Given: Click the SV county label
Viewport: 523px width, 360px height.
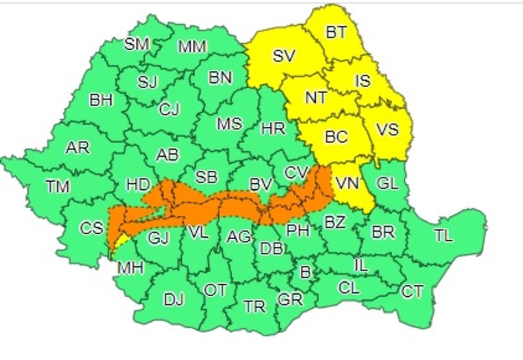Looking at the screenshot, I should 284,56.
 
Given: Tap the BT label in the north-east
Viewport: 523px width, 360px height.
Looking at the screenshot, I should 336,32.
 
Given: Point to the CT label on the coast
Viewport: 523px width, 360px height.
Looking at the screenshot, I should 412,291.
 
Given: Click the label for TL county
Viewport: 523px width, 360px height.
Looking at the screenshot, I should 444,237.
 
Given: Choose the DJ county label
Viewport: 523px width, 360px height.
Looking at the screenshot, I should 174,300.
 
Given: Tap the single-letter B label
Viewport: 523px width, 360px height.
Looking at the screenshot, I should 305,271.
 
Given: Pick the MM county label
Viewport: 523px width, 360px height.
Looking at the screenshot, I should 192,47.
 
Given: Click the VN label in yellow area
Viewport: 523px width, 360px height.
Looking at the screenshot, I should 347,183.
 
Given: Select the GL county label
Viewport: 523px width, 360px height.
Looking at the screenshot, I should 388,183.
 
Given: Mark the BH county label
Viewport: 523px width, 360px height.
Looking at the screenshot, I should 101,100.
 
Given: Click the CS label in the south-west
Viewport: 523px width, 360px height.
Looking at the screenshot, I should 91,229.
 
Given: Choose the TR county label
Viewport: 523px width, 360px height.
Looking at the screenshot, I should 255,307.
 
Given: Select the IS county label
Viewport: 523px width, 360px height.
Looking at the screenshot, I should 362,81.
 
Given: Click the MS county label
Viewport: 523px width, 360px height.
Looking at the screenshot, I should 230,124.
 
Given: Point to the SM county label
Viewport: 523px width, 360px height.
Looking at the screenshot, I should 137,44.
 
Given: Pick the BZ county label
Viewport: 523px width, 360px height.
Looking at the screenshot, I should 335,222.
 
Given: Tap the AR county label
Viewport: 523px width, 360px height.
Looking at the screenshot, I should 77,148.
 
